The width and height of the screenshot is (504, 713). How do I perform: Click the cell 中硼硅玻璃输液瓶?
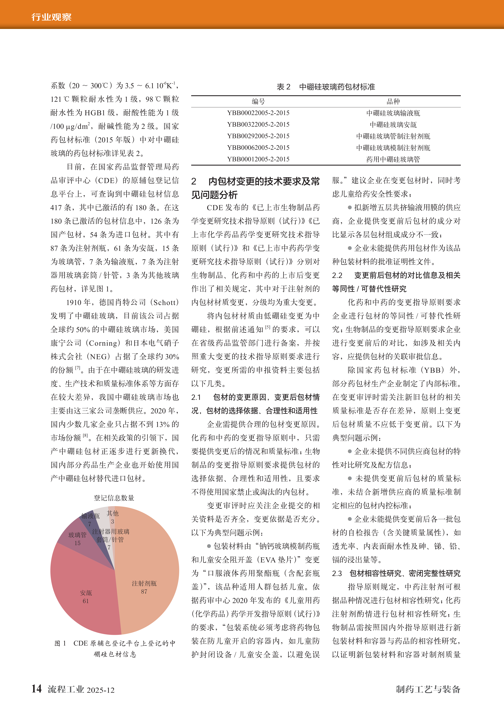click(393, 113)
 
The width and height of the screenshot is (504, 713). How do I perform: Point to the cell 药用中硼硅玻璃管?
click(393, 159)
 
